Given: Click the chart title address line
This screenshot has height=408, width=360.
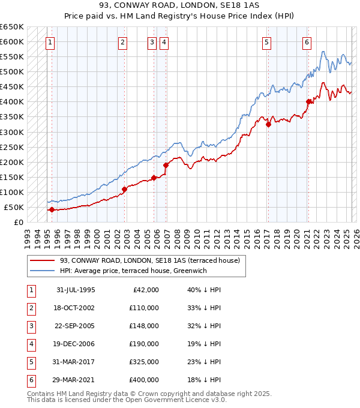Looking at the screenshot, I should point(180,5).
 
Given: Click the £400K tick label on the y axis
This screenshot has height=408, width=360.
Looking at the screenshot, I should point(11,101).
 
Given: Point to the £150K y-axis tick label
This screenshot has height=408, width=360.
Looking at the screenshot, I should point(11,177).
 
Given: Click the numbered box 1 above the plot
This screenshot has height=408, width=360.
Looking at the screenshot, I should point(50,42).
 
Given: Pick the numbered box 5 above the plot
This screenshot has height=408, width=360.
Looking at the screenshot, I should point(266,42).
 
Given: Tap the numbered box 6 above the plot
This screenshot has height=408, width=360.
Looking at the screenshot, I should point(307,42).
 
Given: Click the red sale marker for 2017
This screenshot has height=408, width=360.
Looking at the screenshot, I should point(269,124).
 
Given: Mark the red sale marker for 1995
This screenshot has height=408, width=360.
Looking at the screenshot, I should point(52,209).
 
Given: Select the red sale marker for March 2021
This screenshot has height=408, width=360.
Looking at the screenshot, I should point(308,101).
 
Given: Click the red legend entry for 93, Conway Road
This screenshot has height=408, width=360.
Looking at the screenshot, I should point(149,260).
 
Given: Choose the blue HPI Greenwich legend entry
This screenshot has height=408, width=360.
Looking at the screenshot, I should point(133,271).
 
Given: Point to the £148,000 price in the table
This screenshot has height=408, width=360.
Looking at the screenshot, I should point(143,326).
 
